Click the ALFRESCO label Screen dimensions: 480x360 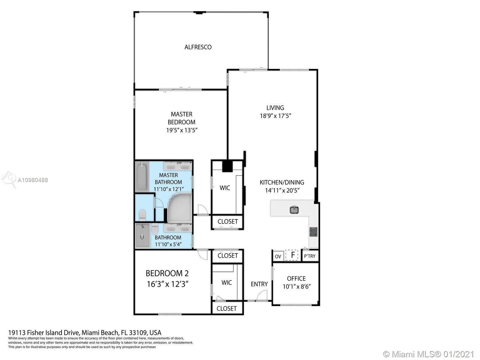click(x=198, y=47)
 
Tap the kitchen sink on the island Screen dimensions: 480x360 click(x=294, y=210)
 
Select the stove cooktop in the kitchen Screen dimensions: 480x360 click(x=313, y=232)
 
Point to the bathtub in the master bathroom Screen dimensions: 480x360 click(x=142, y=177)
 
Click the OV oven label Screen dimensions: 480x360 click(x=278, y=256)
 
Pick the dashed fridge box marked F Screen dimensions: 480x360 click(x=292, y=255)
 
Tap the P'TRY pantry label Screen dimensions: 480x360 click(x=310, y=256)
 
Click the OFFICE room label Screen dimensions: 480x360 click(x=296, y=278)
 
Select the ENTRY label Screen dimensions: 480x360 click(x=259, y=284)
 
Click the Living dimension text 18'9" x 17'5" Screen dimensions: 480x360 click(x=275, y=115)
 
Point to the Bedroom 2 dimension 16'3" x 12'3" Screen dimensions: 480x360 click(x=167, y=284)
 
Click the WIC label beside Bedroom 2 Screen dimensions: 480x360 click(x=226, y=283)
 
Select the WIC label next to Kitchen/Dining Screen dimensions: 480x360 click(x=225, y=188)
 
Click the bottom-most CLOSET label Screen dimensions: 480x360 click(x=226, y=308)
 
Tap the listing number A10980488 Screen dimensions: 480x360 click(x=33, y=180)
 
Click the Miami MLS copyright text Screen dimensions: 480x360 click(x=429, y=354)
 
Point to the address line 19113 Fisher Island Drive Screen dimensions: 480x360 click(x=85, y=332)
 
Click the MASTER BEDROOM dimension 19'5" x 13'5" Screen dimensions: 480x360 click(x=182, y=130)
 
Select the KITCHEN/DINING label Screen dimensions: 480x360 click(x=282, y=182)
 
